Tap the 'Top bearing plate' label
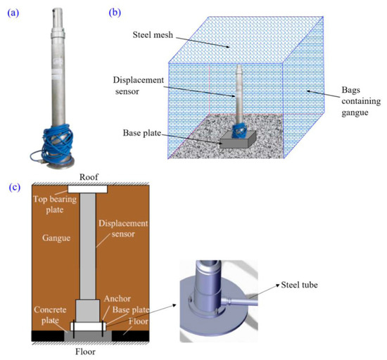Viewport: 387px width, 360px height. coord(49,203)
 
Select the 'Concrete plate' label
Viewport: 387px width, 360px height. coord(49,314)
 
